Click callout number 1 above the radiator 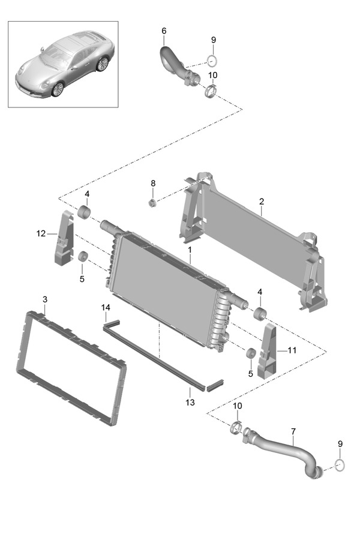pos(190,249)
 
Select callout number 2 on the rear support pos(262,202)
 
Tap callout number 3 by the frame pos(45,299)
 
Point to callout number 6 pos(164,31)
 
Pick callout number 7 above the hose pos(293,431)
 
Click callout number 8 pos(152,183)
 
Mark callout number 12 pos(41,233)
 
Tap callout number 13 pos(190,403)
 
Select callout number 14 pos(106,308)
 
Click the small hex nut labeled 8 pos(152,202)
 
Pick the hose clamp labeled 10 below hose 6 pos(211,92)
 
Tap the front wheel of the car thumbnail pos(57,89)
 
